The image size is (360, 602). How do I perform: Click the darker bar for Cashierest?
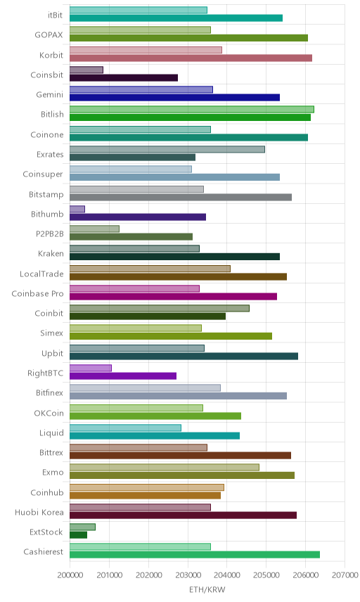[x=195, y=555]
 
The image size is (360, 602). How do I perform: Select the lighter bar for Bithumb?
[x=77, y=210]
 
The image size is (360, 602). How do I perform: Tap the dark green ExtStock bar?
[x=78, y=534]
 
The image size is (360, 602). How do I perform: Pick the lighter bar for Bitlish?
[x=192, y=110]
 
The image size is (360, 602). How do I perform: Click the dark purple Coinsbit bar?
[x=124, y=77]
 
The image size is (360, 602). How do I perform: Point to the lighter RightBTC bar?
[x=91, y=369]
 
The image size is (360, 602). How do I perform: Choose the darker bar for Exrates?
[x=132, y=158]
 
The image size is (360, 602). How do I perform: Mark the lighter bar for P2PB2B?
[x=94, y=229]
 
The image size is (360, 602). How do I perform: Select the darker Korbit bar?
[x=191, y=58]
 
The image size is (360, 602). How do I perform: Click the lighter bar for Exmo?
[x=165, y=467]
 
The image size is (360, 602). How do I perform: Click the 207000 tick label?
[x=345, y=575]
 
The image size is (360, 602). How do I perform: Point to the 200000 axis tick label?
[x=70, y=575]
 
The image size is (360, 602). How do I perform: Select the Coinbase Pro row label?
[x=37, y=294]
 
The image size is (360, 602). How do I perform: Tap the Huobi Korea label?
[x=39, y=513]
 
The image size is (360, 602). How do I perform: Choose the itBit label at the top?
[x=55, y=15]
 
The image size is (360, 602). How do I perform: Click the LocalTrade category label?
[x=41, y=274]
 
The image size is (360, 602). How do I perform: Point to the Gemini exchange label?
[x=49, y=94]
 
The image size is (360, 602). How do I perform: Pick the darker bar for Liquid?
[x=155, y=436]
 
